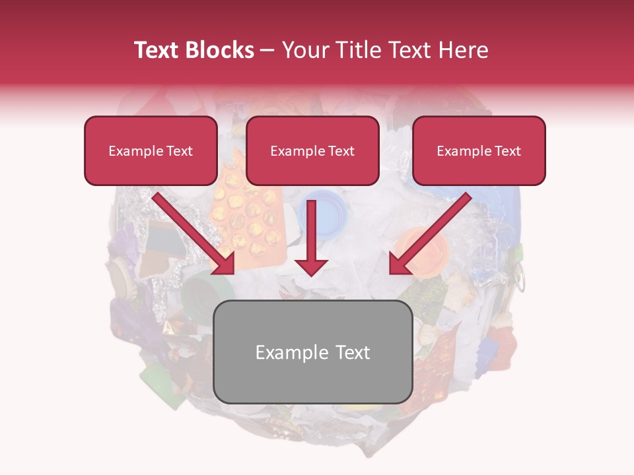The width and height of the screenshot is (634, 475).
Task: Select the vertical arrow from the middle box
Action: (x=311, y=237)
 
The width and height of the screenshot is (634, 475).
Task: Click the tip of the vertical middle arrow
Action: (x=311, y=273)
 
